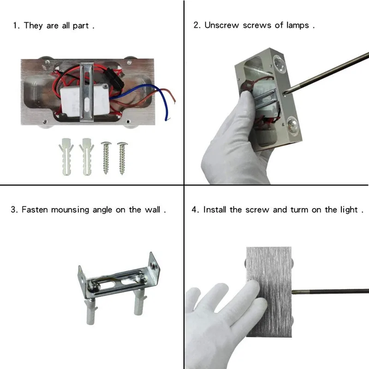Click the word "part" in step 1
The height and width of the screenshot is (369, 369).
(81, 26)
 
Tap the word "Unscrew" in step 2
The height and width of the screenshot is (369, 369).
(222, 25)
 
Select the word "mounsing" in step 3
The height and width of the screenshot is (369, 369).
(70, 210)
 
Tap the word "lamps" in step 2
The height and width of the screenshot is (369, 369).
(298, 25)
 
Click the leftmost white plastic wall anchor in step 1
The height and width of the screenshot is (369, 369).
(66, 157)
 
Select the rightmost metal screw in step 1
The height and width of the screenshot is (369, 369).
(122, 158)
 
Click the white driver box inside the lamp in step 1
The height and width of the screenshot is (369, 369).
(85, 101)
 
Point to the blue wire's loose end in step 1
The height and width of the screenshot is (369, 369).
(166, 120)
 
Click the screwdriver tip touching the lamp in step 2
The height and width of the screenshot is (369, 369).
(286, 93)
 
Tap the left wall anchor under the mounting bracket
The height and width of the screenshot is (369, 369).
(91, 310)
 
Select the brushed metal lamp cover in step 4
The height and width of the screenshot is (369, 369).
(269, 292)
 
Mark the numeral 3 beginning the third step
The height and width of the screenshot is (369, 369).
(13, 210)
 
